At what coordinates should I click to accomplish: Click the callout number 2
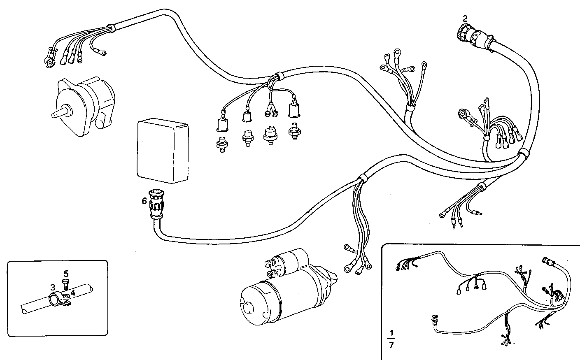[x=465, y=18]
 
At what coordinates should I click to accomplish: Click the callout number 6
[x=144, y=201]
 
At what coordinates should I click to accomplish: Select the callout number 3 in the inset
[x=53, y=287]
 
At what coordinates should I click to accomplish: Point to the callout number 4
[x=73, y=293]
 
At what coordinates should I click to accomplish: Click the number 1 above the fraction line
[x=391, y=332]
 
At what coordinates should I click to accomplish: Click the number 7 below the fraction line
[x=391, y=345]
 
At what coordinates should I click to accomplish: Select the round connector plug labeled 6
[x=156, y=204]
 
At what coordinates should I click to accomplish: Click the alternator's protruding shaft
[x=60, y=112]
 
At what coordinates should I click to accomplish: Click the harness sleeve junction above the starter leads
[x=362, y=179]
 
